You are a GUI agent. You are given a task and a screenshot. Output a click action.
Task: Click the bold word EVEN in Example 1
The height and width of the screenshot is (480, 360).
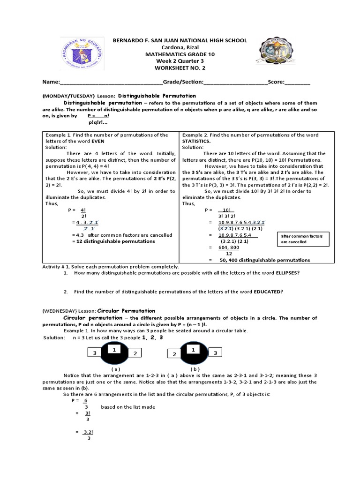coord(97,141)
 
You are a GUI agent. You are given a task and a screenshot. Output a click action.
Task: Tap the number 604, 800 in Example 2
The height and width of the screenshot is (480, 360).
coord(229,247)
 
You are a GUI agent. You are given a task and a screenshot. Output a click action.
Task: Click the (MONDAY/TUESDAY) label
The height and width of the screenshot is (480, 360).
coord(68,95)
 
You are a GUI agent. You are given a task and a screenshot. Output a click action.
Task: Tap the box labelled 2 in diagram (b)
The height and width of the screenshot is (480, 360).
coord(174,355)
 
